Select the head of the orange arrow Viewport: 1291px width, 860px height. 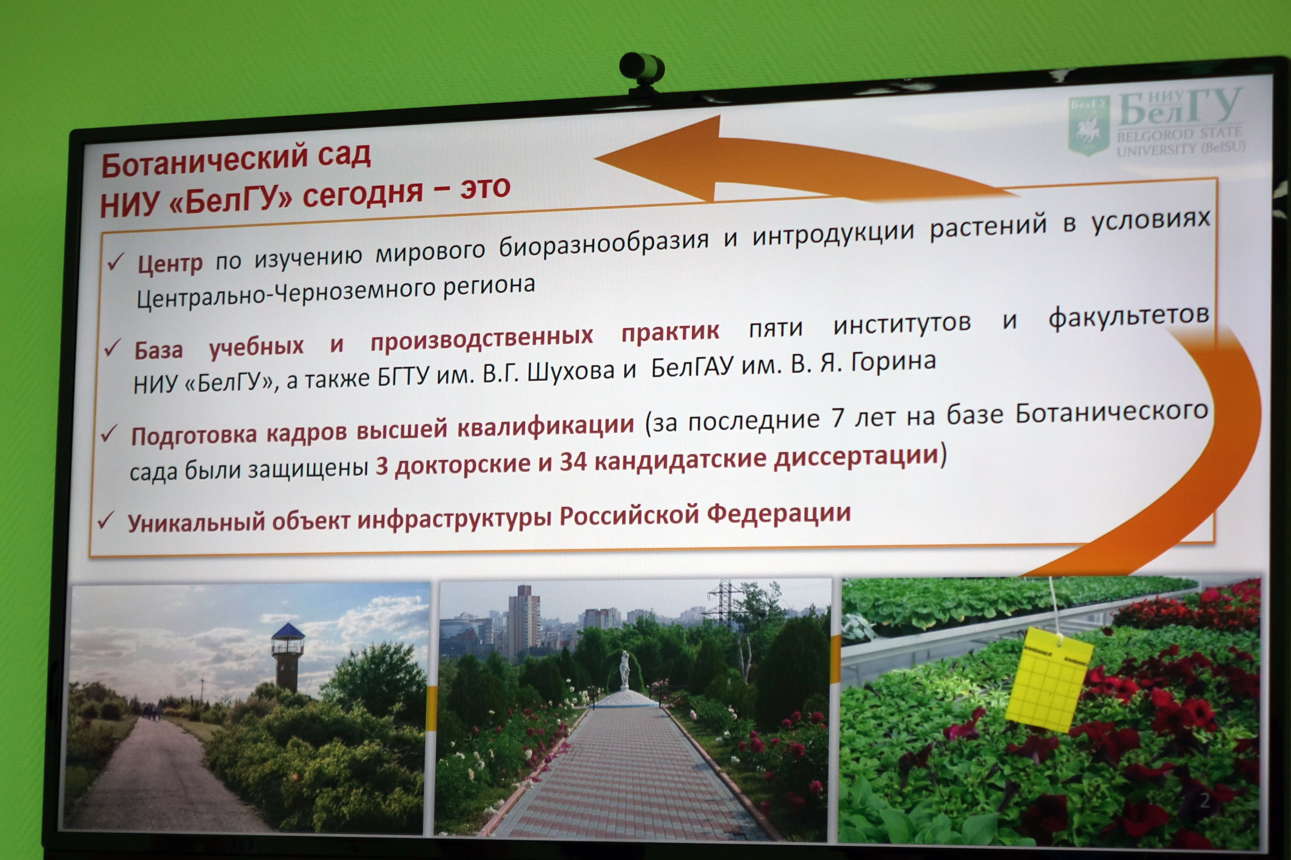click(x=659, y=159)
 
